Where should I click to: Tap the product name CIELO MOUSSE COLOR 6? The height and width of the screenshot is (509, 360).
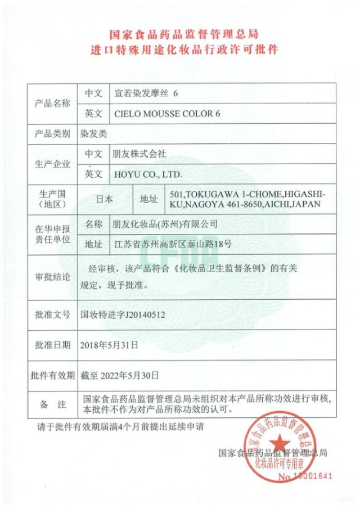point(167,114)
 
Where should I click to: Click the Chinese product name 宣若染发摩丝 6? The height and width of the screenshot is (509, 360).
point(146,93)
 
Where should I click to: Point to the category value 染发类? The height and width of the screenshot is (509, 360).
point(93,134)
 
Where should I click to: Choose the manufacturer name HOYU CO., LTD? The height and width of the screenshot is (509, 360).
point(148,174)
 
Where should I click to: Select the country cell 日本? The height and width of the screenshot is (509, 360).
point(105,199)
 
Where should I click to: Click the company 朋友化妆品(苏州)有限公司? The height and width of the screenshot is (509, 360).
point(165,224)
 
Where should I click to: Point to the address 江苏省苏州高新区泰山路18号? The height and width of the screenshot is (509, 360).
point(172,244)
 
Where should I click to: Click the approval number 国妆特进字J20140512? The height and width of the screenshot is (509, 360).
point(123,316)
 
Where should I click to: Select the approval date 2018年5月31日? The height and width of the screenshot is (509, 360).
point(110,344)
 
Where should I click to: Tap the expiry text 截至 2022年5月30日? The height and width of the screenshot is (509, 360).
point(120,375)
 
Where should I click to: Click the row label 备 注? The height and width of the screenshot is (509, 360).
point(52,404)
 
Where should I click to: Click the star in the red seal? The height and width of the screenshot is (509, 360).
point(281,444)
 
